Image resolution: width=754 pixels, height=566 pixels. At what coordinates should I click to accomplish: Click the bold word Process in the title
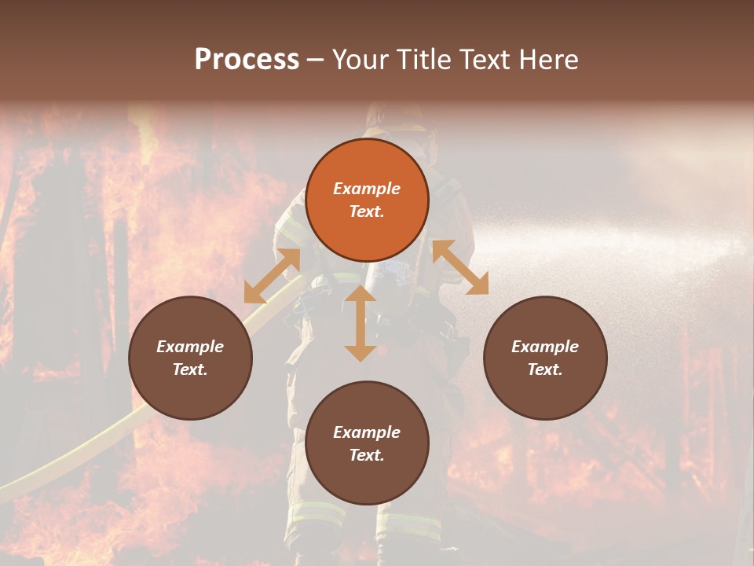pyautogui.click(x=247, y=60)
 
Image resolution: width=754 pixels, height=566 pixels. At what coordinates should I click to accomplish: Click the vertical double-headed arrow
pyautogui.click(x=361, y=323)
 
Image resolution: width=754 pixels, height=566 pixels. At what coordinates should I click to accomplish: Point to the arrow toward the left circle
pyautogui.click(x=272, y=276)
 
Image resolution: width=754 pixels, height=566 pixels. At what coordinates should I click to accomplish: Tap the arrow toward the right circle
pyautogui.click(x=460, y=267)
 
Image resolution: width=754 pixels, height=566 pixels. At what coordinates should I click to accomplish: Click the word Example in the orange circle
pyautogui.click(x=367, y=189)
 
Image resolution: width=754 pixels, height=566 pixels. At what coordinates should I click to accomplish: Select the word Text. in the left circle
pyautogui.click(x=190, y=369)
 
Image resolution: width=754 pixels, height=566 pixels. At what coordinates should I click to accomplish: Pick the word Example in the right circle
pyautogui.click(x=545, y=347)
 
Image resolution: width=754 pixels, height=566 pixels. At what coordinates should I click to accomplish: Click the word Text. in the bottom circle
pyautogui.click(x=367, y=455)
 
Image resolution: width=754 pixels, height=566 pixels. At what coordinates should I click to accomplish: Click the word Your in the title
pyautogui.click(x=358, y=60)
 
